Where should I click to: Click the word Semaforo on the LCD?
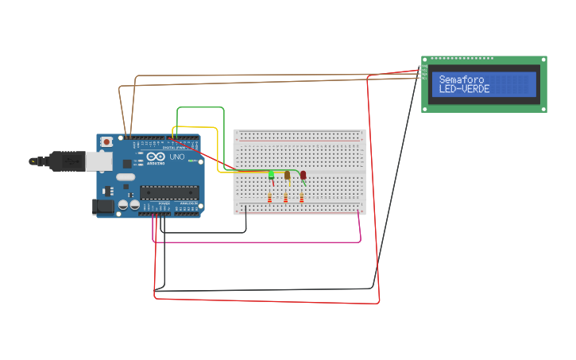pos(461,79)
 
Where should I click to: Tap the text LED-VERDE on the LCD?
pos(464,89)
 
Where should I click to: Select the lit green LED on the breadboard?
pos(271,175)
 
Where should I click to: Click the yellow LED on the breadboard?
pos(287,175)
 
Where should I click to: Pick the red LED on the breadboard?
pos(303,175)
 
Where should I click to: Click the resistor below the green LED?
pos(270,198)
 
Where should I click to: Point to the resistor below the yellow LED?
pos(286,198)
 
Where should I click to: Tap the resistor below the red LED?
pos(302,198)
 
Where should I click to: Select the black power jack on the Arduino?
pos(102,207)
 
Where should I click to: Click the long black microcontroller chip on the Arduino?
pos(168,191)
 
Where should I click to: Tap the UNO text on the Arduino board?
pos(176,157)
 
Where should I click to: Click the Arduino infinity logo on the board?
pos(156,157)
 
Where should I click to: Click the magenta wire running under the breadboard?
pos(254,241)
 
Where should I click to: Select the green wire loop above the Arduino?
pos(200,107)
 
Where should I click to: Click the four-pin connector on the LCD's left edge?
pos(424,73)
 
